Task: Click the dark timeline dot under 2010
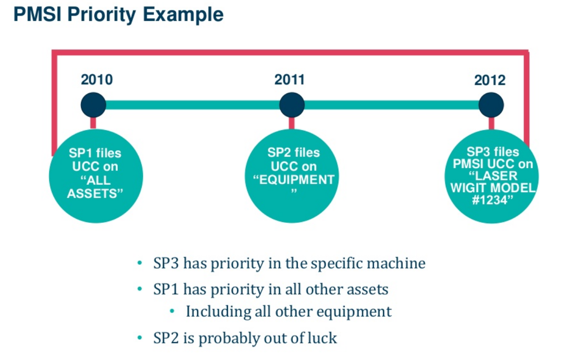[93, 105]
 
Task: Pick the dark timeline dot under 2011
[291, 105]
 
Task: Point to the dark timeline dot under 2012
[491, 105]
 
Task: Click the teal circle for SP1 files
[96, 176]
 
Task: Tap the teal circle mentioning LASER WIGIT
[492, 176]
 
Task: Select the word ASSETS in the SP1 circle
[95, 193]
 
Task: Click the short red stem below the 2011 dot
[291, 123]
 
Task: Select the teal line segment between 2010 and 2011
[192, 105]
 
